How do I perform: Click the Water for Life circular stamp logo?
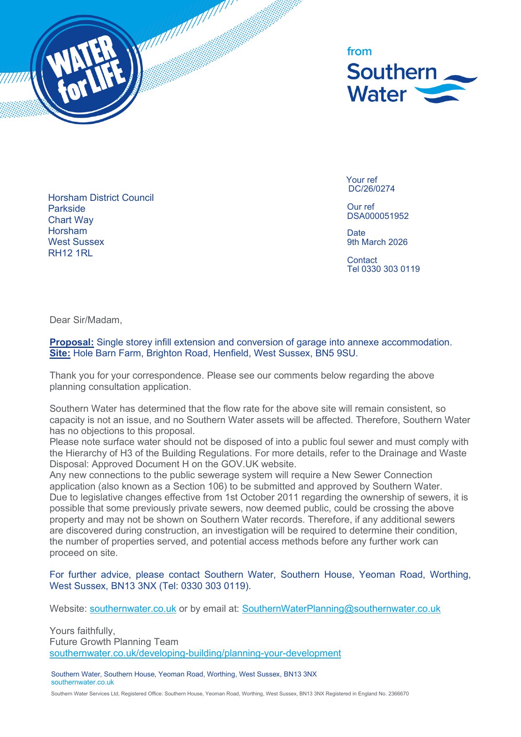tap(86, 70)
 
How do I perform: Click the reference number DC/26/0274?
tap(371, 189)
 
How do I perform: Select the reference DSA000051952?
tap(377, 216)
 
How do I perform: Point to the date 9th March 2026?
tap(377, 242)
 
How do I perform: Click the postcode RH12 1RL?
tap(70, 253)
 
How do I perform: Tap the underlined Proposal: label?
tap(71, 342)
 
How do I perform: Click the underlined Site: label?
tap(60, 353)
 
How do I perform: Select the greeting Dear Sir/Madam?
tap(86, 320)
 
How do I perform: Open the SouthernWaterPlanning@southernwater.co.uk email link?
tap(341, 609)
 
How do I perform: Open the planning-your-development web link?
tap(195, 653)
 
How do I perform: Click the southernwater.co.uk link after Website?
tap(133, 609)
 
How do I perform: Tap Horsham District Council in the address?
tap(101, 198)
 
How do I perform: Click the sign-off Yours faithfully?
tap(82, 631)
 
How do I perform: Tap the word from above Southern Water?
tap(359, 52)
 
